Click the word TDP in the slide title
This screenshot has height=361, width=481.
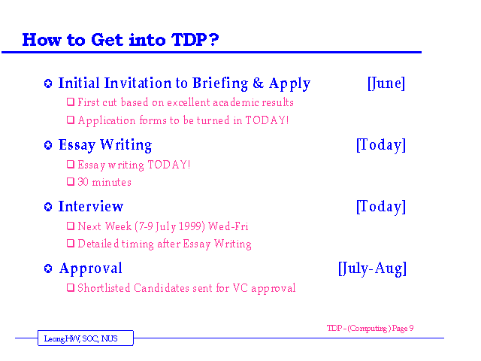[189, 40]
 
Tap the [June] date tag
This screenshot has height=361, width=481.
[386, 83]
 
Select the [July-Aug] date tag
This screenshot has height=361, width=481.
[373, 269]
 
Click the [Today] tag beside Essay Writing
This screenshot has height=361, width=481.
[381, 145]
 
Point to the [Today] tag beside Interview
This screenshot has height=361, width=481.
[381, 207]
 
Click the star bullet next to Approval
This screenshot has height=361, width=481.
[48, 268]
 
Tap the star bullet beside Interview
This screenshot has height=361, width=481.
[48, 207]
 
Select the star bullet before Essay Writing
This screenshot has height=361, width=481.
[48, 145]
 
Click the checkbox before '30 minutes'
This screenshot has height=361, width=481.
[71, 182]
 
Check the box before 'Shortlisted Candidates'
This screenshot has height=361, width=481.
[71, 287]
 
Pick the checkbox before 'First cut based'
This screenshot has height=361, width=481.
[71, 102]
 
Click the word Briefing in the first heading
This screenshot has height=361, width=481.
[220, 83]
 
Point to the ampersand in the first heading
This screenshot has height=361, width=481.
[259, 83]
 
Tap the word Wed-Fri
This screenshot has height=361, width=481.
[228, 226]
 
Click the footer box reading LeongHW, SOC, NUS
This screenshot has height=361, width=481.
[86, 338]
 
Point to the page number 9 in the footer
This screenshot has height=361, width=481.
[411, 328]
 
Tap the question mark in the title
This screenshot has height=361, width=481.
[213, 40]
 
